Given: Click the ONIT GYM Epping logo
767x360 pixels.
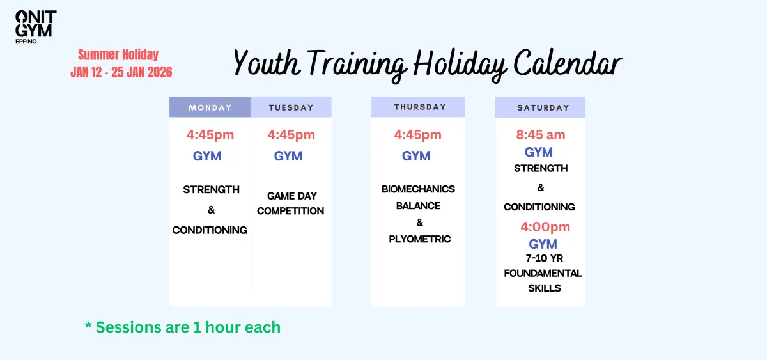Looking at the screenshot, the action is tap(36, 27).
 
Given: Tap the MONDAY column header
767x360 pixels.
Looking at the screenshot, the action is tap(210, 107).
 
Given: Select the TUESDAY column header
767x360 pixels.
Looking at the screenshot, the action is tap(291, 107).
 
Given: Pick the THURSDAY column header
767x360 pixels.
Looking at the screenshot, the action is tap(418, 107).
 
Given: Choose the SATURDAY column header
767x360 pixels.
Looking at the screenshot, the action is tap(540, 107).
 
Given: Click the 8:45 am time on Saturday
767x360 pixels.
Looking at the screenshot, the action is tap(541, 135).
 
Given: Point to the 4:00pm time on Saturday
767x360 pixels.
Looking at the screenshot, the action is tap(545, 227).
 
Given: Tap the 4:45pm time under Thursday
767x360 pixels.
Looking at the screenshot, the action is tap(418, 135).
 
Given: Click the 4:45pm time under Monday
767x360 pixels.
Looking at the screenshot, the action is tap(210, 135).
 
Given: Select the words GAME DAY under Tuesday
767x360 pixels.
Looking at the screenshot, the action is tap(292, 196).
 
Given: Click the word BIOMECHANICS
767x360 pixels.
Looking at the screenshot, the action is tap(419, 189).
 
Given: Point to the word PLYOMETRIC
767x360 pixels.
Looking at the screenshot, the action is tap(420, 239).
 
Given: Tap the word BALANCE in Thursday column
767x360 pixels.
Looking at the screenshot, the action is tap(419, 206).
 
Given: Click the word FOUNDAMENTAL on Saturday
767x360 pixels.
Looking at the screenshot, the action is tap(543, 273).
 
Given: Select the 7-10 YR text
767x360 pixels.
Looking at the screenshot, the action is tap(545, 258).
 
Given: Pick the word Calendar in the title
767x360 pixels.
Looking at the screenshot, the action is tap(568, 63).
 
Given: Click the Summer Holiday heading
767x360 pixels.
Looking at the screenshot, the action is tap(118, 54).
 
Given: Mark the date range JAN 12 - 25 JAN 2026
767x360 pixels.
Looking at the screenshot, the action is tap(121, 72).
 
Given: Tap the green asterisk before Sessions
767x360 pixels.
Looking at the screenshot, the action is tap(88, 325).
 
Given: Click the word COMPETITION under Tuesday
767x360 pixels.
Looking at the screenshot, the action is tap(290, 211).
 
